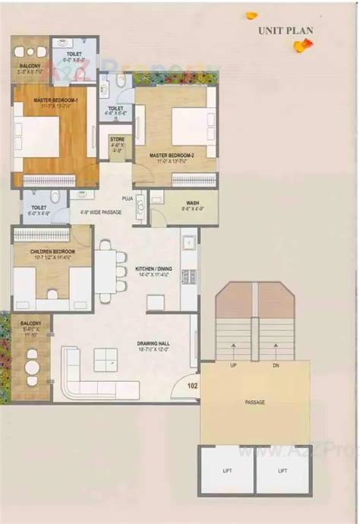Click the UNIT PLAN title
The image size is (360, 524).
[286, 30]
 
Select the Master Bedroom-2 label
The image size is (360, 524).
[172, 156]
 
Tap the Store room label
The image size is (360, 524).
[117, 140]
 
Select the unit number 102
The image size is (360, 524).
[192, 385]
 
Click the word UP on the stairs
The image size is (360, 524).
[234, 366]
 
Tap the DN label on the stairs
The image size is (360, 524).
[276, 366]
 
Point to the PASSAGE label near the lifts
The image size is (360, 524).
[255, 402]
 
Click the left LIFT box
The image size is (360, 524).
[227, 471]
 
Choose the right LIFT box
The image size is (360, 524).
[283, 471]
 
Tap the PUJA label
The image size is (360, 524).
[128, 199]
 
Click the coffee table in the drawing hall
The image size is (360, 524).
[106, 359]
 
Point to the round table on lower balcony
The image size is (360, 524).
[31, 367]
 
